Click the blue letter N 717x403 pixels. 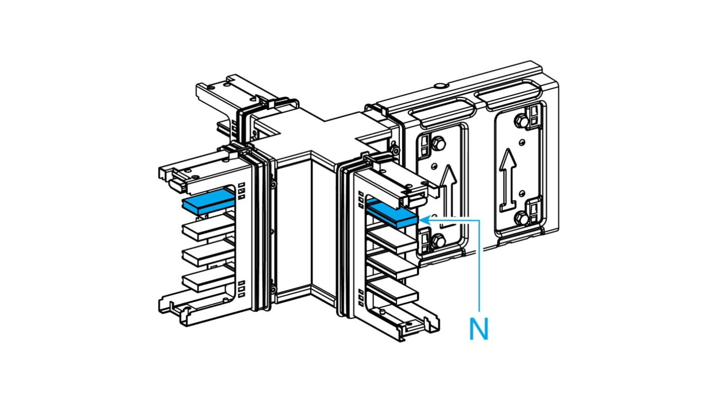tap(478, 329)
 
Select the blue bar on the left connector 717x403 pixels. tap(208, 201)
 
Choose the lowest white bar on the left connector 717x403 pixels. tap(207, 280)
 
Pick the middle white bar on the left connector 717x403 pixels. tap(207, 255)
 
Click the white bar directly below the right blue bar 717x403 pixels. tap(394, 242)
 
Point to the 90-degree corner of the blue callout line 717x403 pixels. tap(478, 220)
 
